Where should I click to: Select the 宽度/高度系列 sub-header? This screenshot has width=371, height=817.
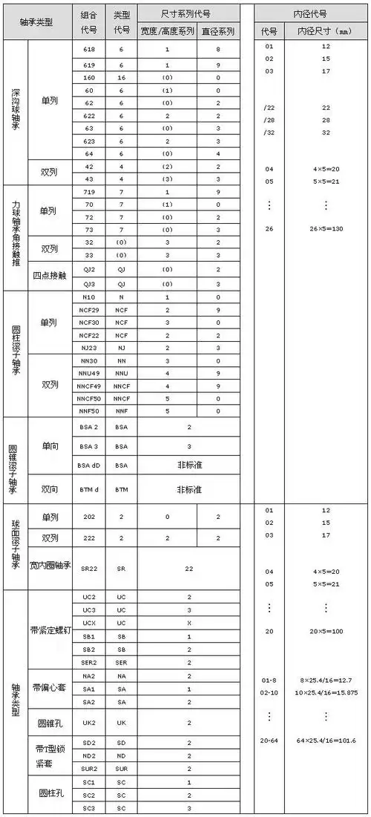pos(167,32)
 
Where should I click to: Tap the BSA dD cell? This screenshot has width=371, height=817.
pos(89,465)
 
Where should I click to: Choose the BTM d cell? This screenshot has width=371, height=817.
pos(89,489)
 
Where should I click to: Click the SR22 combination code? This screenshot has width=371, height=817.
pos(89,568)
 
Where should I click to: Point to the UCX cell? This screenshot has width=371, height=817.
pos(89,623)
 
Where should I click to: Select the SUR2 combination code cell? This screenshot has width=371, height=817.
pos(89,768)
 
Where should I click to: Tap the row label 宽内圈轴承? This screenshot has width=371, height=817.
pos(50,568)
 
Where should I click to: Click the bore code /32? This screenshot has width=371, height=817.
pos(269,132)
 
